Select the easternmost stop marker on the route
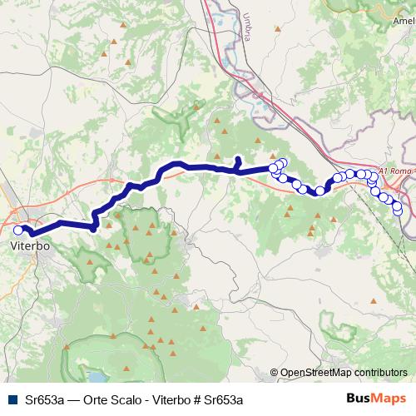tap(398, 209)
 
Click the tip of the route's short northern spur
tap(238, 158)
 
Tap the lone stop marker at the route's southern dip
tap(319, 191)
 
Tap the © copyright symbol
tap(275, 374)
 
